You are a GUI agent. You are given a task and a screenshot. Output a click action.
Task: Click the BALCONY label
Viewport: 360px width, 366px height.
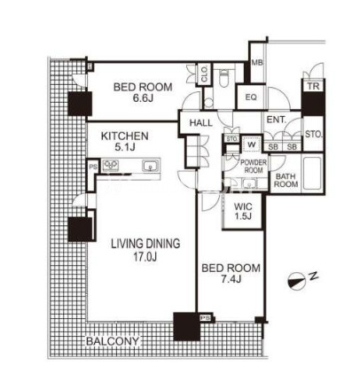112,341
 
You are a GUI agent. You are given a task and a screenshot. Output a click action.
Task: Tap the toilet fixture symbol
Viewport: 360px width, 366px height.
224,77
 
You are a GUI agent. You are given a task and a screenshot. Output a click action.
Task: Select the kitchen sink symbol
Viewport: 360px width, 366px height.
151,166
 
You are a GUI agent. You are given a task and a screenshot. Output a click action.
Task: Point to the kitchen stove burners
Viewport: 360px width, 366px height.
110,166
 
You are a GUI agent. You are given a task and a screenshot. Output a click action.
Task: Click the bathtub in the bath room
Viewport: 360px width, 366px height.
312,173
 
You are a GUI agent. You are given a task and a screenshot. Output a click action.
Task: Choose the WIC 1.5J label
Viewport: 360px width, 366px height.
243,211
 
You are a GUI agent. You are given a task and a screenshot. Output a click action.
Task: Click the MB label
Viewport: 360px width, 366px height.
257,63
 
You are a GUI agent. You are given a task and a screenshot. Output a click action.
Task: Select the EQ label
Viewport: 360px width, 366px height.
251,97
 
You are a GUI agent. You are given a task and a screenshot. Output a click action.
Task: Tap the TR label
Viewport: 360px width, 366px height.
313,86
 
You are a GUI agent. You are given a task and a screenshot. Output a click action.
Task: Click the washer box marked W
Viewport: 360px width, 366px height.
252,144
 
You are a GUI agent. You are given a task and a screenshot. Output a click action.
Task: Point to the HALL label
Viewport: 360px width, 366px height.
200,122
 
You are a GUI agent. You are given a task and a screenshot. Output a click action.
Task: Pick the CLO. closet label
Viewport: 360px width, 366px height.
204,74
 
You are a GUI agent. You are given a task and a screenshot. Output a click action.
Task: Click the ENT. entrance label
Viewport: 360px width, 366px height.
277,120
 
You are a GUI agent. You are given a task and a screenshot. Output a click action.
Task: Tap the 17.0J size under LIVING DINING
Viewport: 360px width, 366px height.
145,256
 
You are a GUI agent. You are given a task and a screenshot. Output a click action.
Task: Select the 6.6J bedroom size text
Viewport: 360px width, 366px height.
143,98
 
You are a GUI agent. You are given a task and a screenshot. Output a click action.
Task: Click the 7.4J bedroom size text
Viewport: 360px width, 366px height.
231,278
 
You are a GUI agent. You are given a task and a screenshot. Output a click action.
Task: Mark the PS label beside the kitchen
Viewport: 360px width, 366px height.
93,167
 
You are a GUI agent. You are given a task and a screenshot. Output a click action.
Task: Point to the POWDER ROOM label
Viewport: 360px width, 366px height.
254,167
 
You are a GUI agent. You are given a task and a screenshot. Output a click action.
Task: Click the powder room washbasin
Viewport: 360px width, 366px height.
249,183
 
